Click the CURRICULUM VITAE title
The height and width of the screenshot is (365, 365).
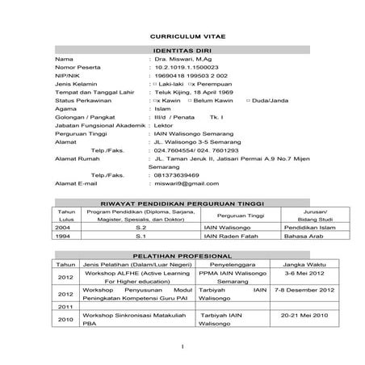[x=182, y=37]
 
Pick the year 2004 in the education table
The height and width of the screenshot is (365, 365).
[x=61, y=229]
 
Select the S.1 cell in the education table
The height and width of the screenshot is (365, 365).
[x=140, y=237]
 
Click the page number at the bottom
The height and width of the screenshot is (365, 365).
[x=183, y=347]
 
